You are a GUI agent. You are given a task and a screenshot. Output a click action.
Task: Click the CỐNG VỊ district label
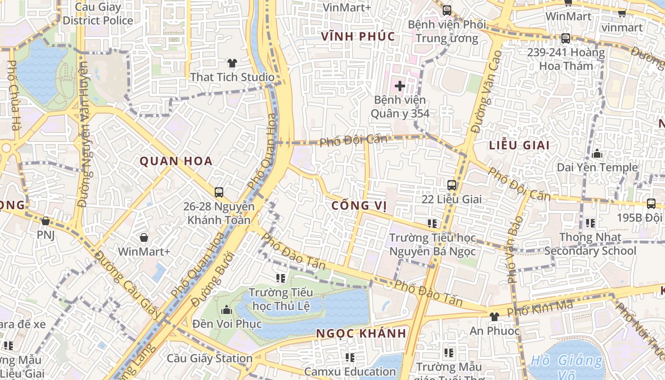(x=358, y=206)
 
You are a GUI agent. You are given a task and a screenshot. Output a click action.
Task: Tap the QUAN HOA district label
(x=176, y=161)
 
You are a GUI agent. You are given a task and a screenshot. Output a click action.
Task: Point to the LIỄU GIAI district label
(x=519, y=145)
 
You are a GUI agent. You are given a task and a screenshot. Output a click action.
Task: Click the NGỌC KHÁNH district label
(x=361, y=333)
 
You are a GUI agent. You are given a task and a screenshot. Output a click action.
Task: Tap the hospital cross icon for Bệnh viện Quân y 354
(x=400, y=86)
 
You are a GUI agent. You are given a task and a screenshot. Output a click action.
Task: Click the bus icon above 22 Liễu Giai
(x=451, y=185)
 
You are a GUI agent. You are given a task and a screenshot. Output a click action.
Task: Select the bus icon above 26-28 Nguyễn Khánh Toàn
(x=218, y=192)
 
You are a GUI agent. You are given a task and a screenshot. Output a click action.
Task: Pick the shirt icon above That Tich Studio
(x=232, y=63)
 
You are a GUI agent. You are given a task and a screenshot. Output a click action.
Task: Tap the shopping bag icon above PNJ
(x=46, y=221)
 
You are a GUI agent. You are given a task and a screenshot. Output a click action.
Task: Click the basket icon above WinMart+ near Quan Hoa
(x=144, y=237)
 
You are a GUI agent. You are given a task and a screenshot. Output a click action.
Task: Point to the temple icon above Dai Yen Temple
(x=597, y=154)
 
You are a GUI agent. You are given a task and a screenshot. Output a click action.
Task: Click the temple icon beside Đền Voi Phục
(x=227, y=310)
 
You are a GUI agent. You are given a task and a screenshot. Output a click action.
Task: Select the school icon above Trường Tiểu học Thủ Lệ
(x=281, y=278)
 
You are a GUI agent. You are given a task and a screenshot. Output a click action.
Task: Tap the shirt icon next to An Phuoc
(x=494, y=316)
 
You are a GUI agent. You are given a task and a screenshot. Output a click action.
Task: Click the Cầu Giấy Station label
(x=209, y=358)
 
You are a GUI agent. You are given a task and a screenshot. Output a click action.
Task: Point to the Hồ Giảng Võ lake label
(x=566, y=362)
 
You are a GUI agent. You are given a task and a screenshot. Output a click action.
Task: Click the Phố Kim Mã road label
(x=540, y=309)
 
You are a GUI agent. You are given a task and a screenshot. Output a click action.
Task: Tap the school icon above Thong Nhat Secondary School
(x=590, y=223)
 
